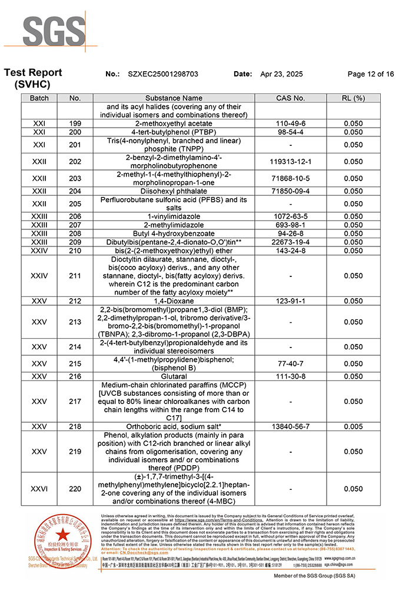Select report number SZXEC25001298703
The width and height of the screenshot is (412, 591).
(x=162, y=74)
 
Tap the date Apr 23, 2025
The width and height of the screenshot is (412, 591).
(x=281, y=74)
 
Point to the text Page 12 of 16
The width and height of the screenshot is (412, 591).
(x=371, y=74)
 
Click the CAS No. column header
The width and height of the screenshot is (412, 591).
(x=290, y=98)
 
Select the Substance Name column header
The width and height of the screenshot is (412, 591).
(x=174, y=98)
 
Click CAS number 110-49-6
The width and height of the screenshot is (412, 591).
(x=290, y=123)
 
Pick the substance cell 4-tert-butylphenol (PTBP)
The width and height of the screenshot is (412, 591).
(x=174, y=132)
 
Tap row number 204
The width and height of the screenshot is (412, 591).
(x=75, y=191)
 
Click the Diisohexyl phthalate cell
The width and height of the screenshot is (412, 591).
(x=174, y=191)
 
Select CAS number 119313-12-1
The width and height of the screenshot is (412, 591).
(x=290, y=161)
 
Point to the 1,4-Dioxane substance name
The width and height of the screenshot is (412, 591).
(x=174, y=301)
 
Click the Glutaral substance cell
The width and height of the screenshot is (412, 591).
(x=174, y=376)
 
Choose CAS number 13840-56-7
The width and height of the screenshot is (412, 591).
(x=290, y=426)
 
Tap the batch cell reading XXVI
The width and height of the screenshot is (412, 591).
(x=39, y=489)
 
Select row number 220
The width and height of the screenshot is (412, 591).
(x=75, y=489)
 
